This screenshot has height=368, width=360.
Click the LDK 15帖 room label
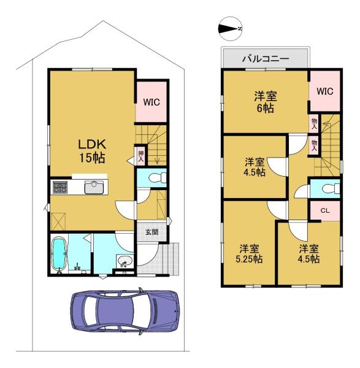(x=92, y=151)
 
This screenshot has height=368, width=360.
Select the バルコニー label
(x=266, y=58)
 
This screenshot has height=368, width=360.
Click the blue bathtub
(x=59, y=254)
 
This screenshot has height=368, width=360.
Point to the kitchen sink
(x=94, y=187)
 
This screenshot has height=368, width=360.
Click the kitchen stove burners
(x=60, y=187)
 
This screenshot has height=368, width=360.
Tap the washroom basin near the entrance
(x=124, y=261)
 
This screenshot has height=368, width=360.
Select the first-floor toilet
(x=158, y=177)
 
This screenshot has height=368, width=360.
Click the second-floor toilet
(x=331, y=188)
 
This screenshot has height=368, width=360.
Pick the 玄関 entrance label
(x=152, y=232)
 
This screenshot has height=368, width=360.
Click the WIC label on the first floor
(x=151, y=102)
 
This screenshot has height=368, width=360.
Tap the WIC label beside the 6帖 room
(x=325, y=91)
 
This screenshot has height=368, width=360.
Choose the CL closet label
(x=325, y=210)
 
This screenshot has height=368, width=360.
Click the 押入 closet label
(x=141, y=156)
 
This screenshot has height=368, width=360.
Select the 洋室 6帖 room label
(x=266, y=102)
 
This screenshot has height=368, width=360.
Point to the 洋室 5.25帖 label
(x=249, y=253)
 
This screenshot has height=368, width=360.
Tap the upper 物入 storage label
(x=314, y=123)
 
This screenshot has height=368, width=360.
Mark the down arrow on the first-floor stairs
(x=157, y=159)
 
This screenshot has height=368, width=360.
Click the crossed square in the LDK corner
(x=58, y=221)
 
